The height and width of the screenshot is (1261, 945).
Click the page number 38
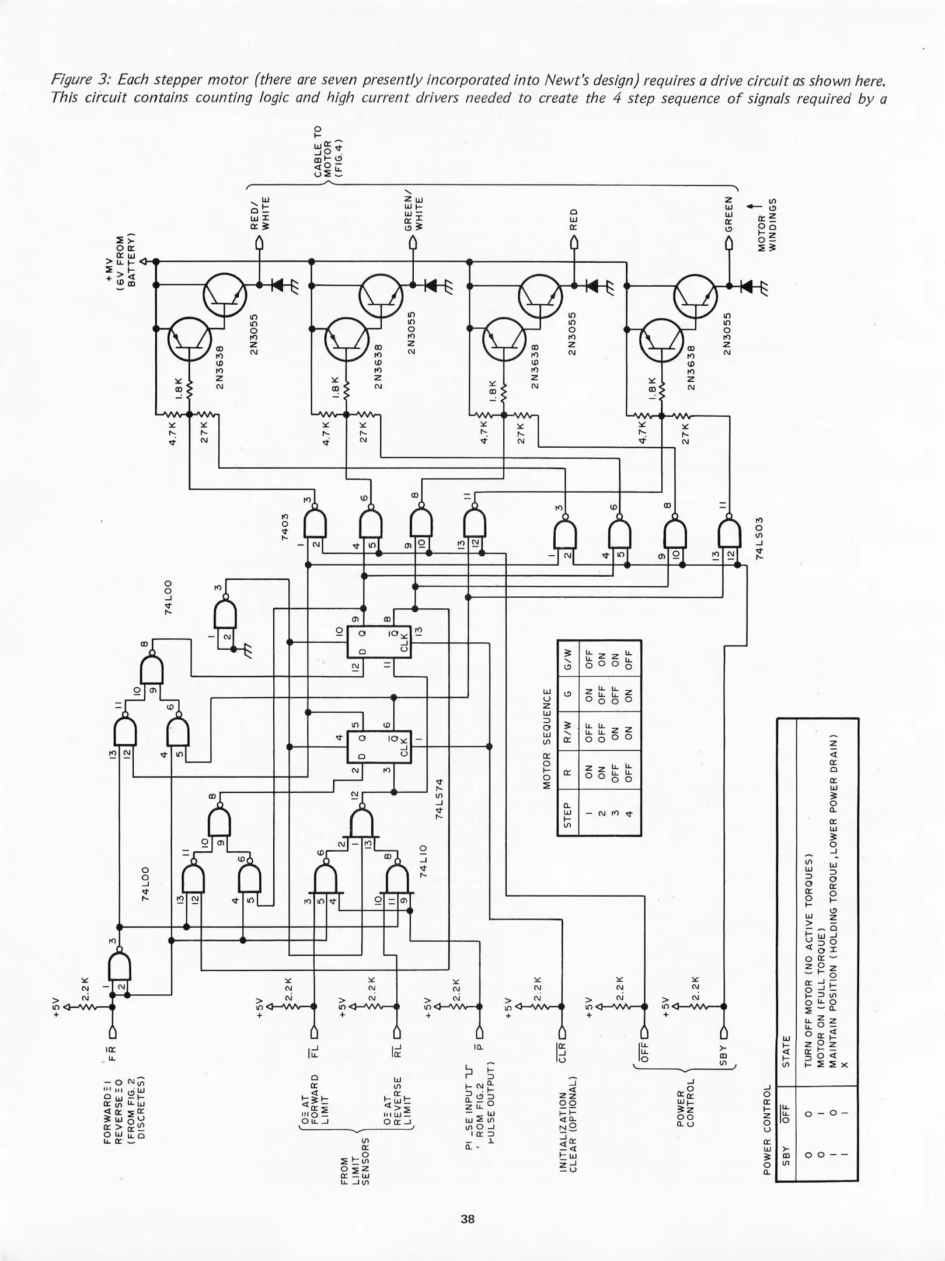(467, 1219)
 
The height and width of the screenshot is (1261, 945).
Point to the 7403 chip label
(285, 527)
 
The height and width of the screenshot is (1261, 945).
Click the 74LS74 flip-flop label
(440, 798)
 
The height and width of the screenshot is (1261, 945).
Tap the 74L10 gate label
(424, 861)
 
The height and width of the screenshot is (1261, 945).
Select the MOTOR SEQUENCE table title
(547, 738)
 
